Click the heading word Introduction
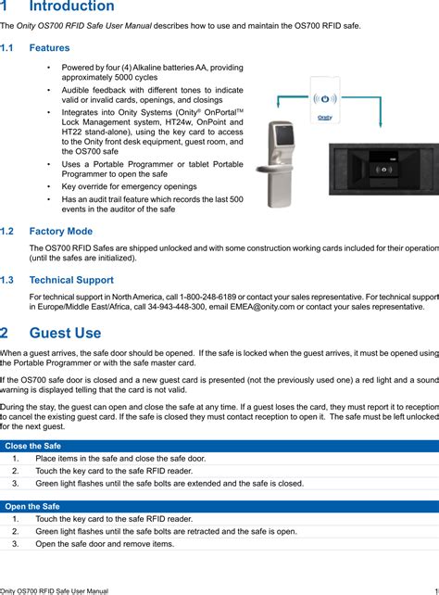click(x=59, y=7)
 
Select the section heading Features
click(x=49, y=47)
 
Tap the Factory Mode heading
click(x=61, y=231)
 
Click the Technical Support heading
click(x=71, y=279)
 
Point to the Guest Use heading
click(x=65, y=333)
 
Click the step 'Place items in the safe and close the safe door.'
click(x=120, y=458)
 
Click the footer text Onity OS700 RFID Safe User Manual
click(x=55, y=589)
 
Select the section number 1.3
click(x=7, y=279)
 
